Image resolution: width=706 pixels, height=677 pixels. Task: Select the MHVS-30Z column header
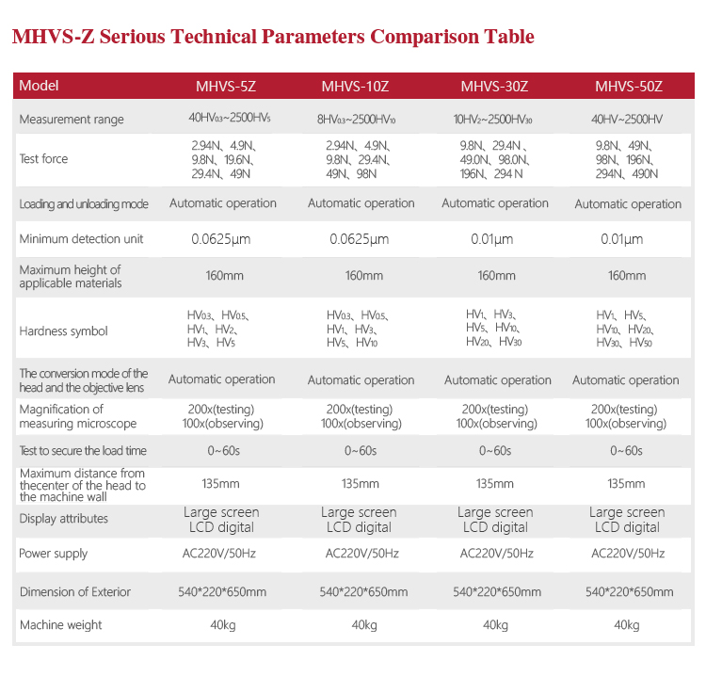click(x=494, y=87)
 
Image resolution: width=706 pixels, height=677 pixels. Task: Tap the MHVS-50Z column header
click(x=629, y=87)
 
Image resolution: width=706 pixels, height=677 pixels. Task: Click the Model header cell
click(x=39, y=86)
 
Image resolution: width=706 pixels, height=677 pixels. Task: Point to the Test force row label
click(x=43, y=159)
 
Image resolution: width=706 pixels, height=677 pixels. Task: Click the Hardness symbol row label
click(x=63, y=330)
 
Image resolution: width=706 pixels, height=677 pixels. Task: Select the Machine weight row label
click(x=60, y=624)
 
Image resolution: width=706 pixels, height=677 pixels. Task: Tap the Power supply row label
click(x=54, y=554)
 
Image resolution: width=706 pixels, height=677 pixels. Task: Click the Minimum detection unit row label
click(x=81, y=239)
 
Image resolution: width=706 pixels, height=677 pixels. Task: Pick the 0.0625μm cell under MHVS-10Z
click(x=360, y=239)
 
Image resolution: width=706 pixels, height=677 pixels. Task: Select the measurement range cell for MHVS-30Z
click(x=493, y=120)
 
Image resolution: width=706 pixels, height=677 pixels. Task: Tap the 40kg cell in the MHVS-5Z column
click(x=222, y=625)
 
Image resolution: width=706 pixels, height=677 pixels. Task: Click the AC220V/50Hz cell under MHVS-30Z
click(x=496, y=554)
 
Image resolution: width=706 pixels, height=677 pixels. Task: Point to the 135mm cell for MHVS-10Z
click(x=361, y=483)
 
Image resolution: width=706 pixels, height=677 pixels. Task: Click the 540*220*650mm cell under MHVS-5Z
click(x=222, y=592)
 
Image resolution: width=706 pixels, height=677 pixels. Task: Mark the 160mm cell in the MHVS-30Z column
click(x=496, y=276)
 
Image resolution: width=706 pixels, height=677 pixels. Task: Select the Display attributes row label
click(x=63, y=519)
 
